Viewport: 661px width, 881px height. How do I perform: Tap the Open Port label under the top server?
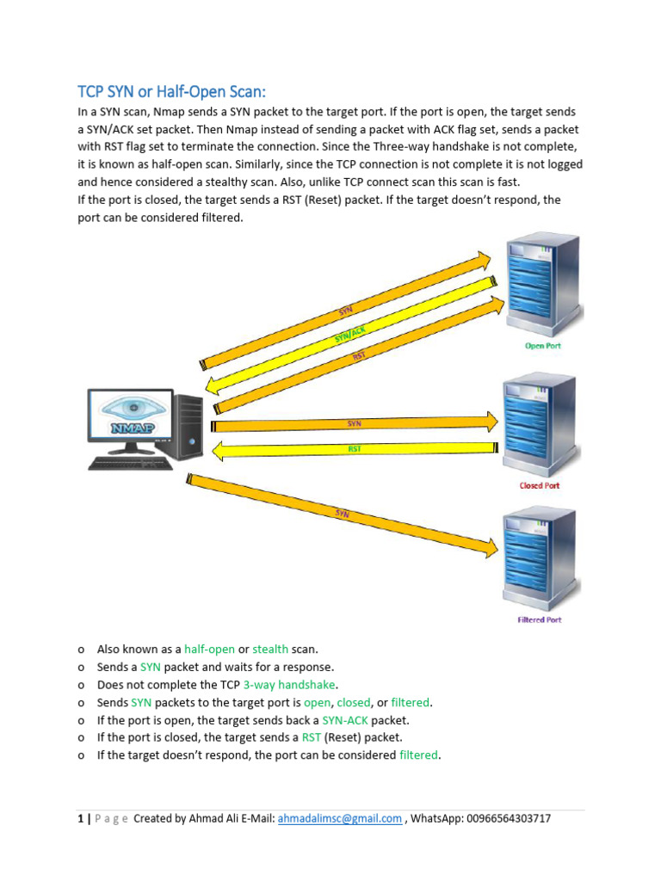pyautogui.click(x=542, y=346)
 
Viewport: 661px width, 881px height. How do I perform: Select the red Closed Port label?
pyautogui.click(x=540, y=485)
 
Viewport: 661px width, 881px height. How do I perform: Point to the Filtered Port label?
pyautogui.click(x=540, y=620)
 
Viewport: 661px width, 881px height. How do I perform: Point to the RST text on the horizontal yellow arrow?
pyautogui.click(x=355, y=449)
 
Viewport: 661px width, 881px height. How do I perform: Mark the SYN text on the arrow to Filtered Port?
pyautogui.click(x=342, y=514)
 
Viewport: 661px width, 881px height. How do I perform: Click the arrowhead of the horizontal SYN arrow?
pyautogui.click(x=491, y=422)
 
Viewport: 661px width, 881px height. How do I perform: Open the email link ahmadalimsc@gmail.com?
pyautogui.click(x=340, y=819)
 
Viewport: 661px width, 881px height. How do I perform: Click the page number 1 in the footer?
pyautogui.click(x=79, y=819)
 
